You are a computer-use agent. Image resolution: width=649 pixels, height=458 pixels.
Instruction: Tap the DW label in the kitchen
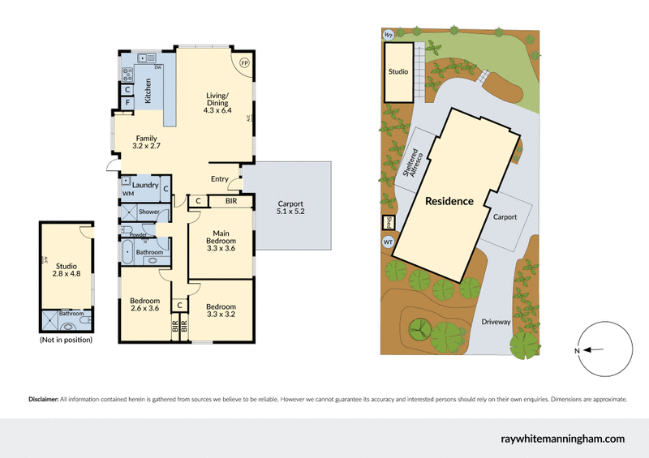click(158, 67)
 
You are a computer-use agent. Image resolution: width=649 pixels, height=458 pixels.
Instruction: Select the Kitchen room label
click(148, 93)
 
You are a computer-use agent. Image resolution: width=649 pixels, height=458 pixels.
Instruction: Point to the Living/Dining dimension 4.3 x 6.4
click(215, 110)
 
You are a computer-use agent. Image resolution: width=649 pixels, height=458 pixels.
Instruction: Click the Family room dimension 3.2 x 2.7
click(147, 148)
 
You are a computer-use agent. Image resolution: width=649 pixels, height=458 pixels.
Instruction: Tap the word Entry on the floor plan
click(219, 179)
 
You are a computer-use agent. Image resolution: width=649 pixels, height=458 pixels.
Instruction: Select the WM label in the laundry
click(128, 195)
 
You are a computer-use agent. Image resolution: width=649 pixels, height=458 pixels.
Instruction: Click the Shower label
click(149, 212)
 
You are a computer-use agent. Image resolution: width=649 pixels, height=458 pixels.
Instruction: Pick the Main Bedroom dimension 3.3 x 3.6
click(221, 249)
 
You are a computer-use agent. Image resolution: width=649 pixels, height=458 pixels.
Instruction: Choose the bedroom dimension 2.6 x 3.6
click(146, 308)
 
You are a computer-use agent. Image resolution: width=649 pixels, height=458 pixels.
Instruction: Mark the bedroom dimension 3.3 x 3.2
click(221, 315)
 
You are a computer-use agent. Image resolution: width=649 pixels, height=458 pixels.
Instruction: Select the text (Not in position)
click(66, 340)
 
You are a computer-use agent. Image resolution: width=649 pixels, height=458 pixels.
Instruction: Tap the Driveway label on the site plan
click(495, 322)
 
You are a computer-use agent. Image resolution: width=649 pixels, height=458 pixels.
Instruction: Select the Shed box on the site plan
click(387, 223)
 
